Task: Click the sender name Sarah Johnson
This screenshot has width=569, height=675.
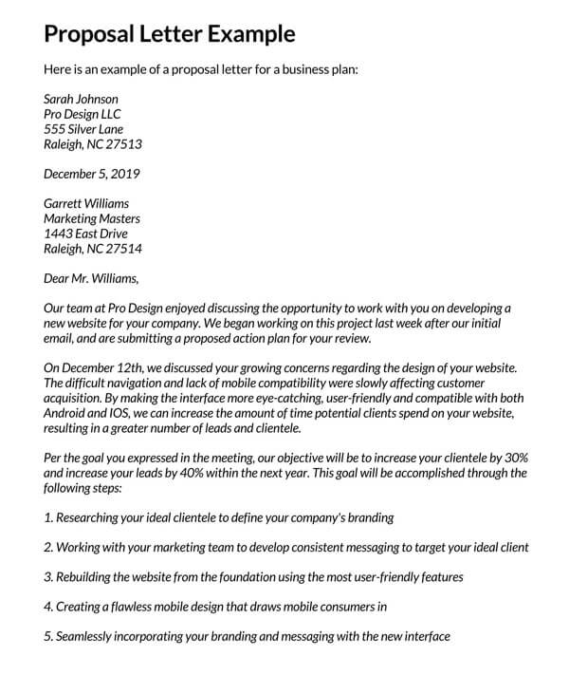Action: click(x=82, y=98)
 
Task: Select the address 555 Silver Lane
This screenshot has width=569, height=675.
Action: click(x=83, y=129)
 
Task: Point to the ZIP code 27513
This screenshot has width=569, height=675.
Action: click(x=124, y=144)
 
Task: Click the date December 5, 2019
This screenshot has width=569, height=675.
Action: click(x=92, y=174)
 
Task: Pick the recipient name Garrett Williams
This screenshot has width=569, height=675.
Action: click(x=86, y=203)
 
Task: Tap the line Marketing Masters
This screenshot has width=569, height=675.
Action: click(x=93, y=218)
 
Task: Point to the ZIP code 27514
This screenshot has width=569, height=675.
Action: click(x=124, y=249)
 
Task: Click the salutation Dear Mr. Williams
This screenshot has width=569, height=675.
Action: click(x=91, y=278)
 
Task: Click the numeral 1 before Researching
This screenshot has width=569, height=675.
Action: click(x=48, y=518)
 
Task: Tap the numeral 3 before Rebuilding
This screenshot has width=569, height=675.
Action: click(x=48, y=576)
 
